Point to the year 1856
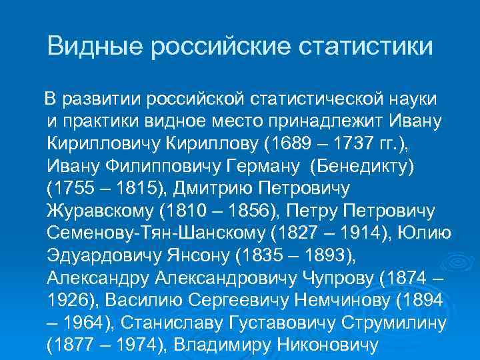pyautogui.click(x=257, y=211)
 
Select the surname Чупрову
pyautogui.click(x=366, y=279)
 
